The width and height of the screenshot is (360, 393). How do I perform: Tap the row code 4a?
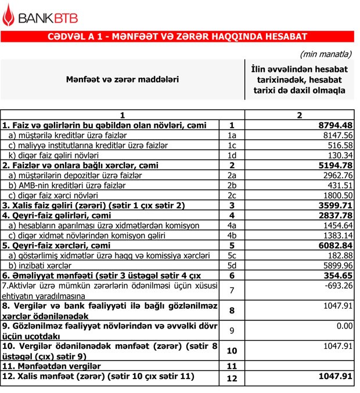click(x=232, y=225)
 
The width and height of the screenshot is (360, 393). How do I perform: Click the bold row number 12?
click(x=232, y=379)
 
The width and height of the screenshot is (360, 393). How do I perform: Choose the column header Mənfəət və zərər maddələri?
click(x=122, y=78)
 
